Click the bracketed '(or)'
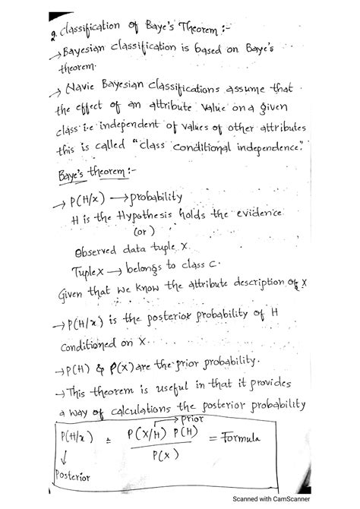point(144,232)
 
